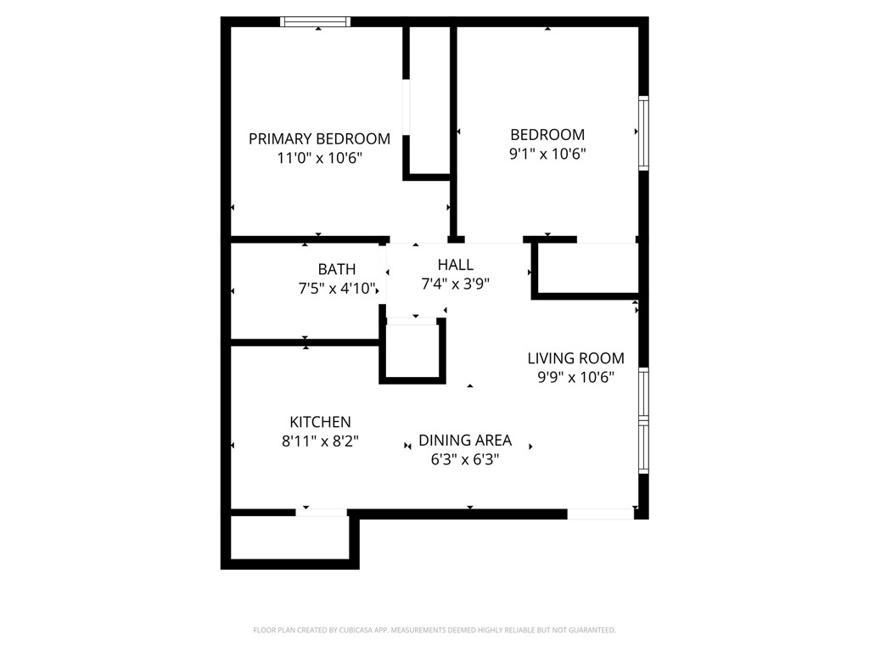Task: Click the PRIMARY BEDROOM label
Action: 319,138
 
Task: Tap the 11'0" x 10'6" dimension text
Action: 319,158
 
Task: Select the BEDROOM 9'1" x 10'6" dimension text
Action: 547,154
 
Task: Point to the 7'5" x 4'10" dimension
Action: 337,289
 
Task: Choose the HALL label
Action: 456,265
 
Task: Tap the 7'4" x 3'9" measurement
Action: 456,284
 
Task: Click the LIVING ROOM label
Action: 576,358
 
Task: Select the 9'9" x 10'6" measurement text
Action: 576,378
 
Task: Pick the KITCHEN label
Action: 320,422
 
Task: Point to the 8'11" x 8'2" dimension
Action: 320,441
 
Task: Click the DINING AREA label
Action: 465,440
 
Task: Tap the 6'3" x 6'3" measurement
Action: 465,460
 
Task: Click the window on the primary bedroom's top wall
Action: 316,22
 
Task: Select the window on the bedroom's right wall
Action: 643,133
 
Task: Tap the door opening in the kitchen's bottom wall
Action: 322,512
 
